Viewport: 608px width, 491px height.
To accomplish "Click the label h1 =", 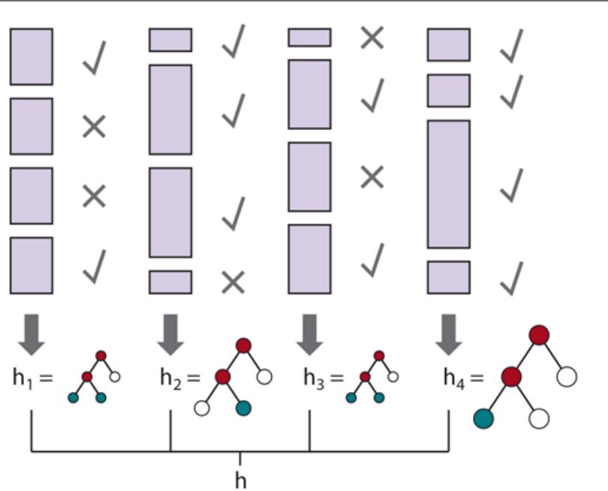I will pos(32,377).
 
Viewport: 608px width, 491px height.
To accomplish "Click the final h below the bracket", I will pos(240,479).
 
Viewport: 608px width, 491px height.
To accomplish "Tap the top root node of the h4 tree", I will pos(539,335).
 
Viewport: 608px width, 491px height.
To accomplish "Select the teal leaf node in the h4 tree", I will pos(484,418).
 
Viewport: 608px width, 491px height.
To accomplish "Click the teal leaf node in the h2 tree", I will pos(242,408).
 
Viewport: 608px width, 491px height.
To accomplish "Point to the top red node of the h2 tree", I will pos(242,345).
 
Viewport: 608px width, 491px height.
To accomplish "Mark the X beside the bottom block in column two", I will pos(233,282).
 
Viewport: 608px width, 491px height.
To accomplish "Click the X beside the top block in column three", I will pos(372,38).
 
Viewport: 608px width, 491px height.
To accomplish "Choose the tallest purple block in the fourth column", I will pos(449,184).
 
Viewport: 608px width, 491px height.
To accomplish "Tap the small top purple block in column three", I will pos(309,38).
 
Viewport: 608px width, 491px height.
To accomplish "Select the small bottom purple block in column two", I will pos(170,282).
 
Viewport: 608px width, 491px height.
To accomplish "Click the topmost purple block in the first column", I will pos(32,57).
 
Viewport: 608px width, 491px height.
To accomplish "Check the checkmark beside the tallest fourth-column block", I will pos(512,185).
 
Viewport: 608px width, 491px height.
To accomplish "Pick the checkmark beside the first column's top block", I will pos(95,58).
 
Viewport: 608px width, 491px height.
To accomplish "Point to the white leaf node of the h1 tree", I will pos(115,376).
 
